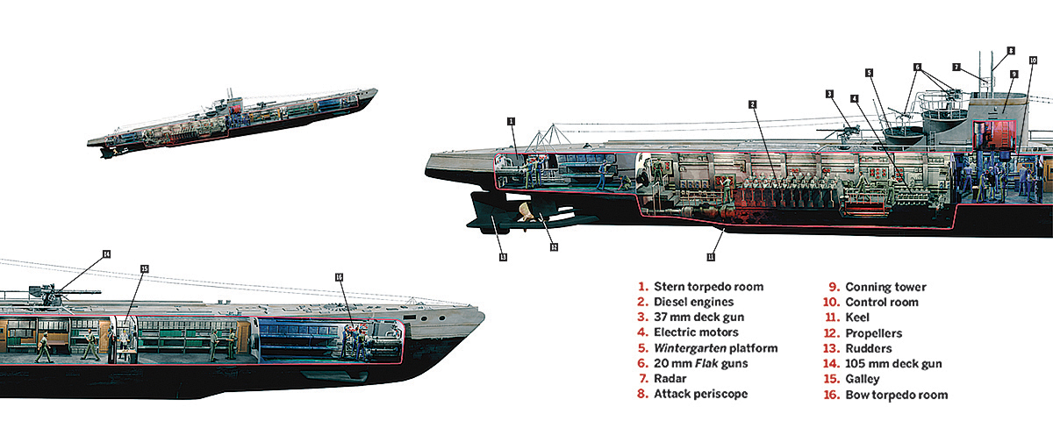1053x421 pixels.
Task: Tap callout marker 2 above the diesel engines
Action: [x=752, y=103]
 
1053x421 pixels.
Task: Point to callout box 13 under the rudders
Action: [x=503, y=257]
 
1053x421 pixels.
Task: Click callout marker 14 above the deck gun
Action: [x=106, y=254]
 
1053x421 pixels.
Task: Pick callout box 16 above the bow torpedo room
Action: [x=339, y=276]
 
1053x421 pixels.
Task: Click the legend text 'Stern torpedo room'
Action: [x=707, y=287]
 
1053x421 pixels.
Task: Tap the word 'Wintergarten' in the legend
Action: [x=690, y=348]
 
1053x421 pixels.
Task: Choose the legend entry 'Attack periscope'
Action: [x=700, y=395]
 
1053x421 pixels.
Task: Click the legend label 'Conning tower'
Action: [x=885, y=287]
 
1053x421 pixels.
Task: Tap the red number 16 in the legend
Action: [x=829, y=395]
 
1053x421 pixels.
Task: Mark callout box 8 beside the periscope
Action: [x=1011, y=51]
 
